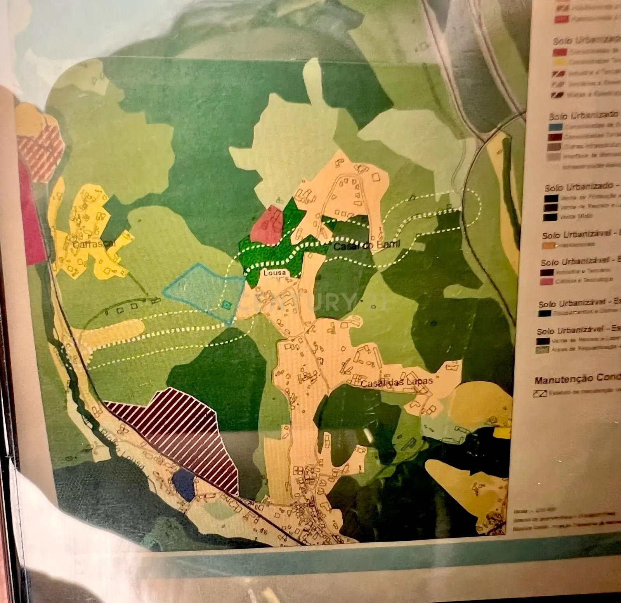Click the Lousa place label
(x=274, y=273)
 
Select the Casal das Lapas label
(x=396, y=382)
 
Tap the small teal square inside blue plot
(x=226, y=305)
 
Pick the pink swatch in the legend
(x=546, y=281)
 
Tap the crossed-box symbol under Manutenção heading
(x=540, y=393)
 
